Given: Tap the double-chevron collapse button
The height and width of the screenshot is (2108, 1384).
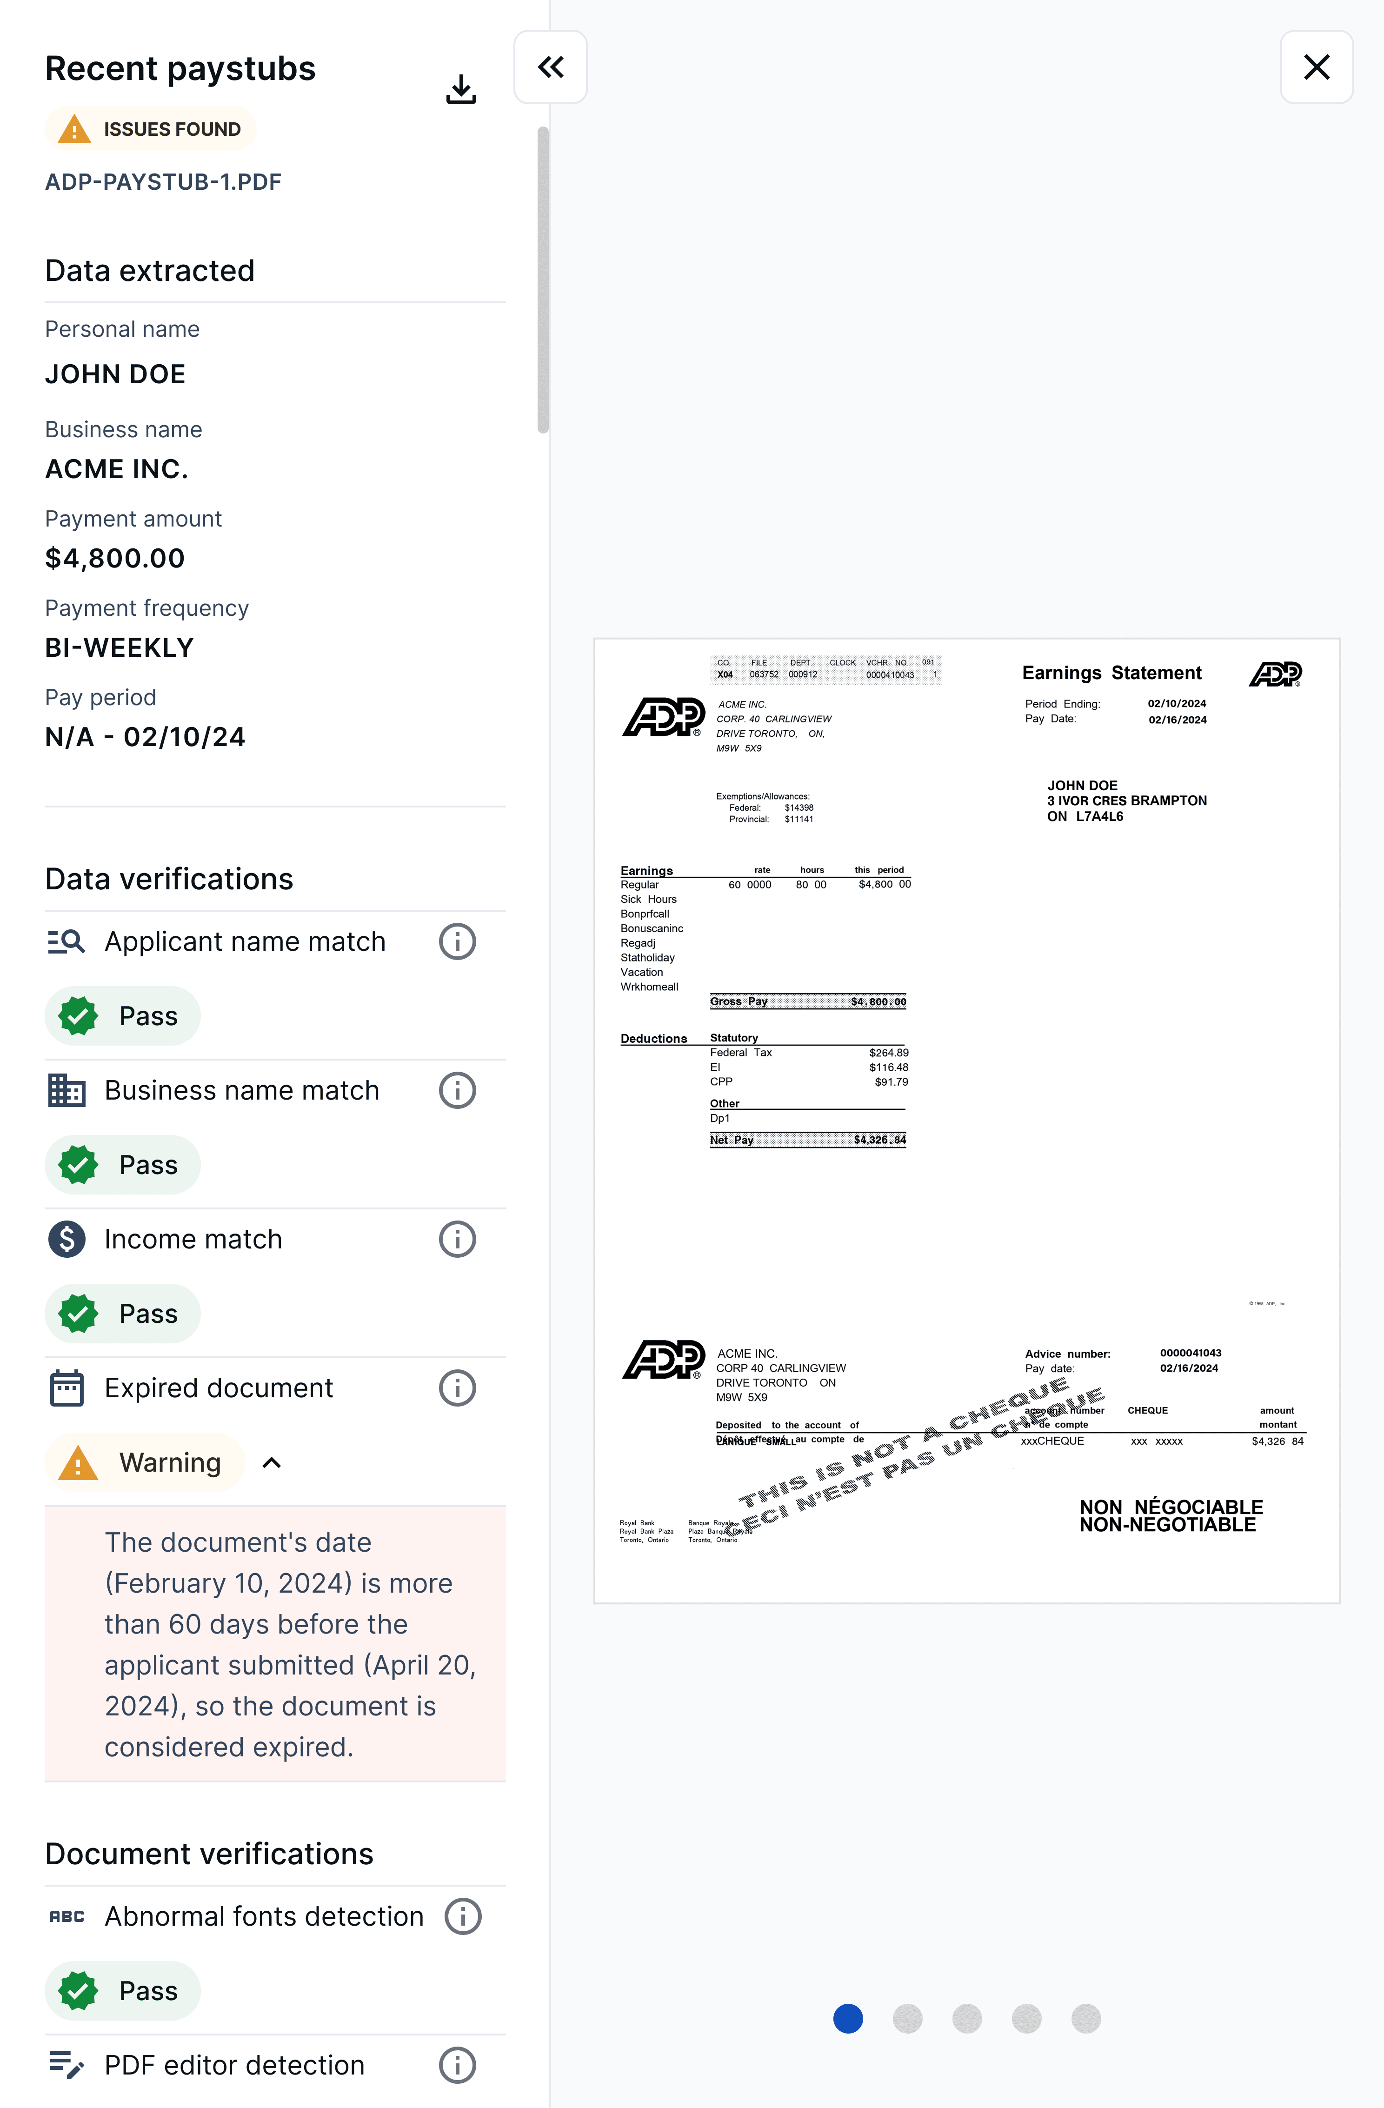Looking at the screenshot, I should coord(550,67).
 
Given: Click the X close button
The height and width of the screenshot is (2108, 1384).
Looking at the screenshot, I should coord(1316,67).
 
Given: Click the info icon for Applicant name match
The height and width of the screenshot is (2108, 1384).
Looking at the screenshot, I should coord(457,941).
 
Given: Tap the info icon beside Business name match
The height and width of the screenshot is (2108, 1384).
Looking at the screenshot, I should coord(457,1090).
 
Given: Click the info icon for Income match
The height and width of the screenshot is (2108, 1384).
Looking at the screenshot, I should coord(457,1239).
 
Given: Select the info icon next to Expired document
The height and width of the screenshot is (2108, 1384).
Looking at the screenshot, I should coord(457,1388).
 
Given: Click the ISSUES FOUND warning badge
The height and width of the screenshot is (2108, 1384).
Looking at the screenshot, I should coord(151,129).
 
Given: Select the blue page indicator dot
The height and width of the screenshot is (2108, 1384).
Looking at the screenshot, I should coord(847,2019).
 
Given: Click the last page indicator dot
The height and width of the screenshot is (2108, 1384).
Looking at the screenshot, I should coord(1085,2019).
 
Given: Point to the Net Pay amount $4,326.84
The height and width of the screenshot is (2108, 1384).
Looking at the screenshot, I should coord(879,1140).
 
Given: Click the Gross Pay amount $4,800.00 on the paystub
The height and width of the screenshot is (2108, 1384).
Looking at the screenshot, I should coord(878,1002).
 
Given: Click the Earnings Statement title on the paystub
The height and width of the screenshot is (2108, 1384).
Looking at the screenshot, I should coord(1111,673).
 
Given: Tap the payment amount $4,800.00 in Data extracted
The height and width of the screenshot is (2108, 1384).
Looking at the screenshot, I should coord(115,558).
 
